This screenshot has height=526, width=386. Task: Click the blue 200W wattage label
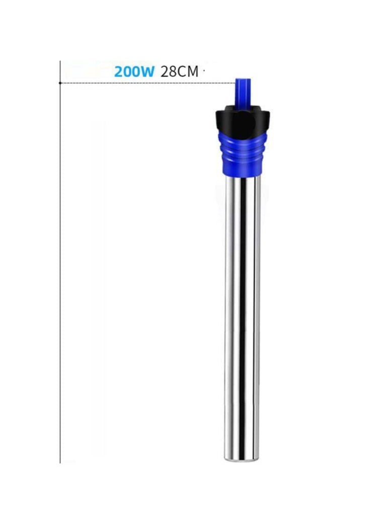click(134, 71)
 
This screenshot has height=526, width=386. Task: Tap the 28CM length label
click(179, 71)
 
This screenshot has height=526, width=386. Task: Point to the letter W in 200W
click(147, 71)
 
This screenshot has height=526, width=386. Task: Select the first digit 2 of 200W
click(119, 71)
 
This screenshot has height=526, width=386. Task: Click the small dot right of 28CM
click(204, 71)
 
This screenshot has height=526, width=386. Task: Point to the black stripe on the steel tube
click(243, 312)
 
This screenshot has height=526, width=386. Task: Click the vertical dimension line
click(60, 272)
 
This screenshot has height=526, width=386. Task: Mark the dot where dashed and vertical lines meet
click(60, 83)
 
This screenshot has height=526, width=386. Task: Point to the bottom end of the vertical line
click(60, 462)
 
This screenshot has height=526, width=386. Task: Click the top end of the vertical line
click(60, 62)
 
